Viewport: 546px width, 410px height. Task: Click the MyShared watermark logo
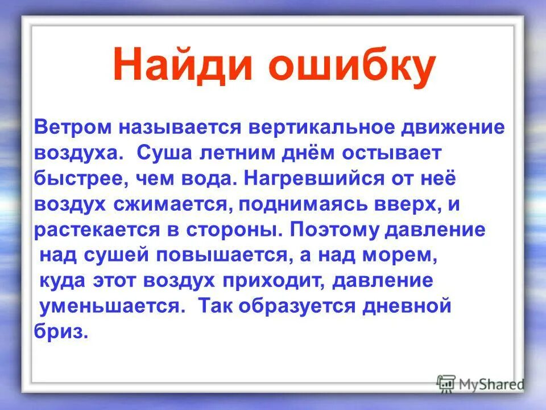point(481,383)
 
